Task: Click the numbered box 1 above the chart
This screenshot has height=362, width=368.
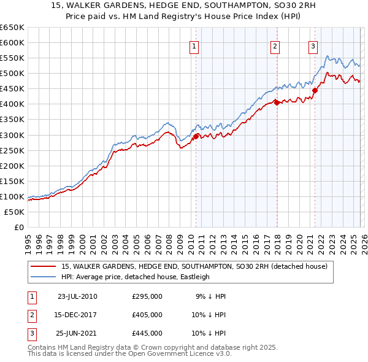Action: (194, 45)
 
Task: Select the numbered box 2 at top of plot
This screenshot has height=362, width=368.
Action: (275, 45)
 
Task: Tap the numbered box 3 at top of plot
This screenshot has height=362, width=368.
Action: (313, 45)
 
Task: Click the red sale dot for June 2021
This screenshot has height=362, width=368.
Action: (315, 90)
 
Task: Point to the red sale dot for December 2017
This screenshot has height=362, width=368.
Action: (277, 102)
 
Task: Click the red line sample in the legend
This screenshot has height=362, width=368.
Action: (42, 267)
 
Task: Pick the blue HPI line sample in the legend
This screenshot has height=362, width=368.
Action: (42, 277)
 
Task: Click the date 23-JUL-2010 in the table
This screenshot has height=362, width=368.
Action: (77, 297)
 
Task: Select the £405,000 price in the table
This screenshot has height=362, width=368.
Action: (147, 315)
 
